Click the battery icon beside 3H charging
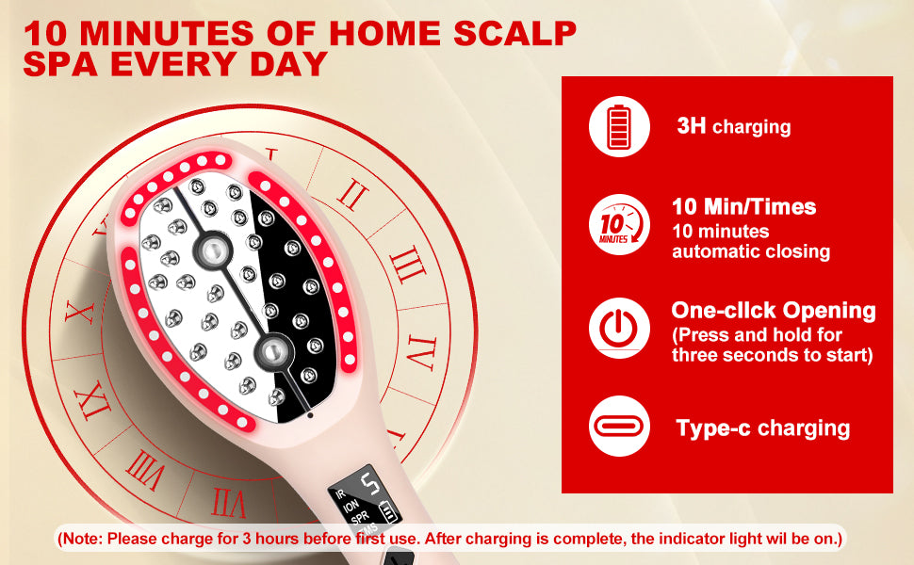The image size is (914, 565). (x=619, y=126)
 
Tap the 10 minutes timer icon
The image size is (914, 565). (x=619, y=224)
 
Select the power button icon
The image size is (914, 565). (x=619, y=328)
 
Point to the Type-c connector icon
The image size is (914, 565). (x=619, y=426)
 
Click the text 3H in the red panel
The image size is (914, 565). (x=692, y=125)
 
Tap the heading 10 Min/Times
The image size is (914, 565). (x=743, y=207)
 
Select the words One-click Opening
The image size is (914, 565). (x=773, y=311)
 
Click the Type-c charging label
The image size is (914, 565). (x=763, y=428)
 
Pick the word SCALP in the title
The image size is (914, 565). (x=514, y=33)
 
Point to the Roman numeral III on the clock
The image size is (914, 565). (x=407, y=265)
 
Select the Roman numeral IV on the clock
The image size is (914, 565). (x=421, y=352)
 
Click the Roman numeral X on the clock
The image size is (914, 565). (x=80, y=313)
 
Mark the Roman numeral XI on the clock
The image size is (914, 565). (x=93, y=401)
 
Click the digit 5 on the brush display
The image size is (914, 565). (x=370, y=484)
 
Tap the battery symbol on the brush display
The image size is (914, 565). (x=387, y=511)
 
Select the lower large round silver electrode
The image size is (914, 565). (x=271, y=351)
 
